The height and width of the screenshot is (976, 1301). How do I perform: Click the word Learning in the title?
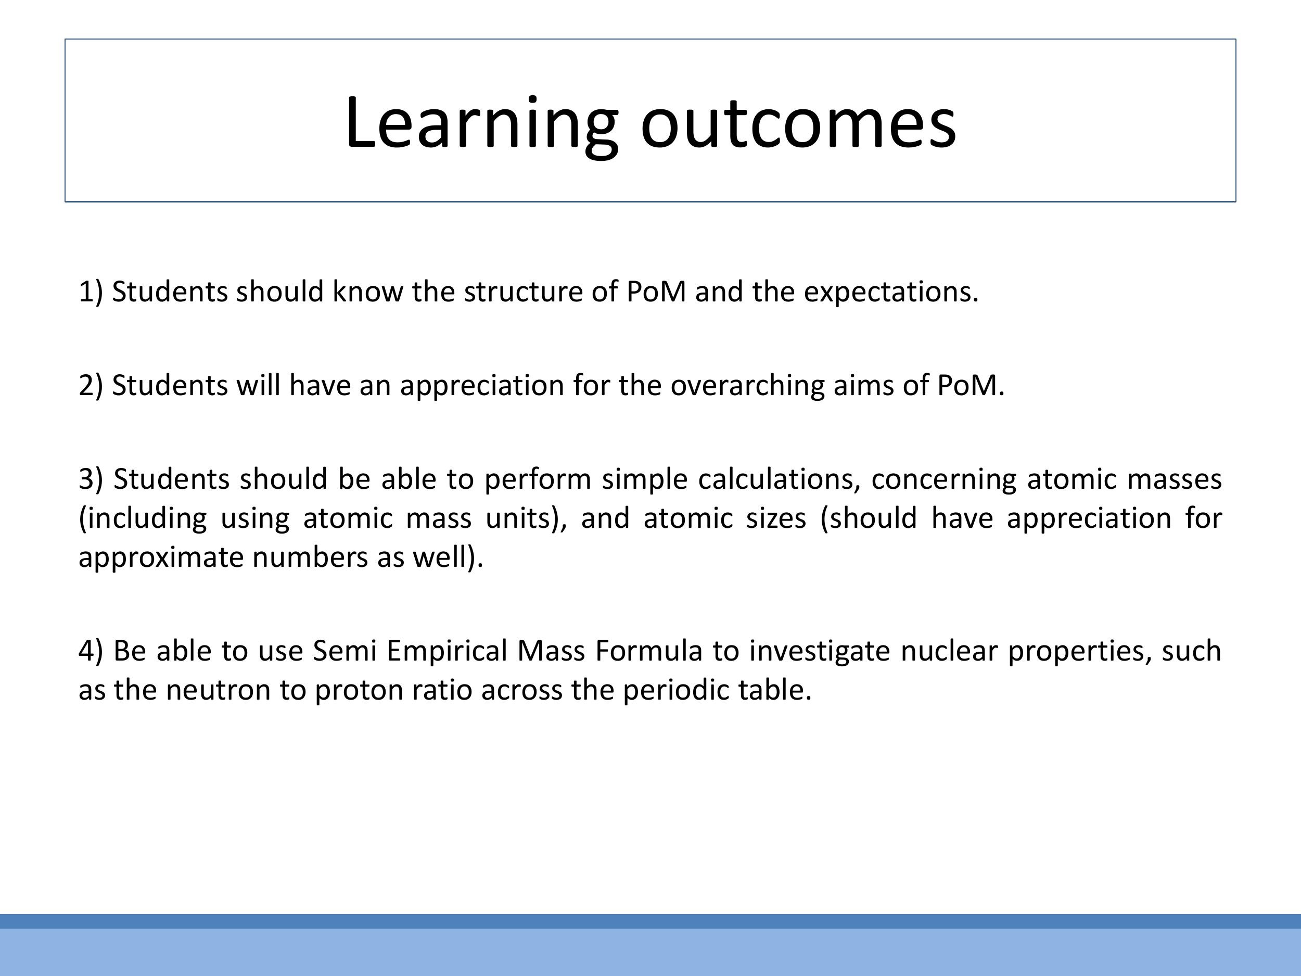pyautogui.click(x=480, y=123)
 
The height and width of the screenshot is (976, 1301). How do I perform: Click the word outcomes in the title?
pyautogui.click(x=798, y=123)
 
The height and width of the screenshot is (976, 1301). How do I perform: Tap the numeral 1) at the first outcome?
pyautogui.click(x=91, y=292)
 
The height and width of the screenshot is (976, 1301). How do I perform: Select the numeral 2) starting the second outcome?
pyautogui.click(x=91, y=385)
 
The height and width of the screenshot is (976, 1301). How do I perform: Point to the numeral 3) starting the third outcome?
pyautogui.click(x=91, y=479)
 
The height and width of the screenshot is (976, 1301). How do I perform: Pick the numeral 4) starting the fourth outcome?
pyautogui.click(x=91, y=651)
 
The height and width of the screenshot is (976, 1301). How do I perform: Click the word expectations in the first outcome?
pyautogui.click(x=890, y=292)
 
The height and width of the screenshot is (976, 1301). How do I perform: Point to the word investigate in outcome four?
pyautogui.click(x=819, y=651)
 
